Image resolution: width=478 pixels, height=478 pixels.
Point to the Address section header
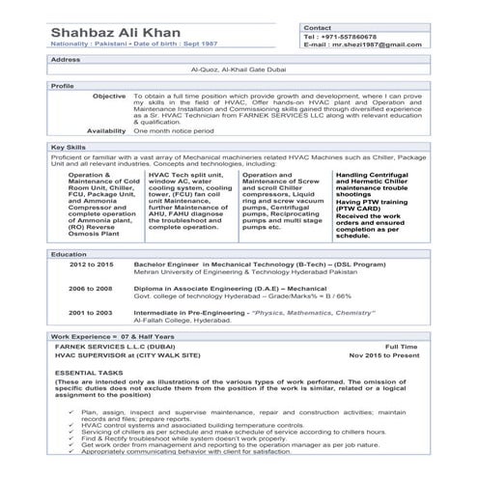click(x=66, y=60)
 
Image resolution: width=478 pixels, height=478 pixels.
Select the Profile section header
click(x=62, y=86)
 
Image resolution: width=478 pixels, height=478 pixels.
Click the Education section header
click(x=69, y=253)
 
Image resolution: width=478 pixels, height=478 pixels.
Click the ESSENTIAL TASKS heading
click(x=89, y=372)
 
